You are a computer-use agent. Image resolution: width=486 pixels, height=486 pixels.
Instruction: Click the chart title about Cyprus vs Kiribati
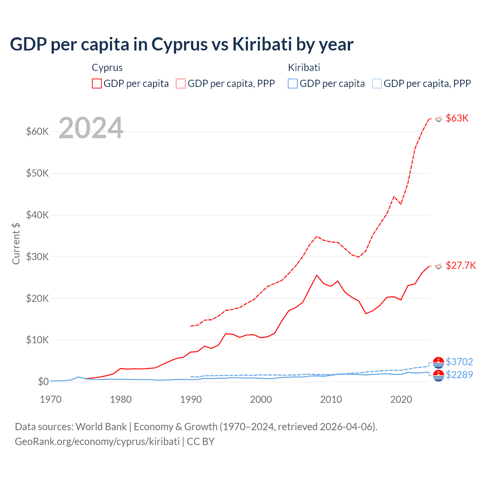coord(181,44)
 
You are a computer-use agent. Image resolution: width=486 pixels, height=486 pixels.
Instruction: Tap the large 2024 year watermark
coord(91,128)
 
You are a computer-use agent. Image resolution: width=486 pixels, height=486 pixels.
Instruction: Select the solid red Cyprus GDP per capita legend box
coord(97,84)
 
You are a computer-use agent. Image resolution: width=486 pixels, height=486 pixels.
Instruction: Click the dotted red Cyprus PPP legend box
coord(181,84)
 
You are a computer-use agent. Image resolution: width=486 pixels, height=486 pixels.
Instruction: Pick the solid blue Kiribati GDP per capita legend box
coord(293,84)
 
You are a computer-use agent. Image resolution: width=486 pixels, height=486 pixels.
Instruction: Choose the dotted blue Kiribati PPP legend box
coord(377,84)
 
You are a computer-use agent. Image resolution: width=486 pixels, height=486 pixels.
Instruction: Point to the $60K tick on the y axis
coord(37,132)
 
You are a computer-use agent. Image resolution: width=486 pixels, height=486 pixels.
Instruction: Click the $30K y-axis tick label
coord(37,257)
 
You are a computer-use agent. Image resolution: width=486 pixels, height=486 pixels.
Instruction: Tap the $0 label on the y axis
coord(43,382)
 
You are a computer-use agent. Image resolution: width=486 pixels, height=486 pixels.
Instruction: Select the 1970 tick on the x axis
coord(50,399)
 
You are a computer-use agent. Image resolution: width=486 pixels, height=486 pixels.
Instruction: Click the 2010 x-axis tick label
coord(331,399)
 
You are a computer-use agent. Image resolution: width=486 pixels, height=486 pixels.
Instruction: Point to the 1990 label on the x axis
coord(191,399)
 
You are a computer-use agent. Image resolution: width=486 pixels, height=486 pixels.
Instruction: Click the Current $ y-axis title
coord(16,243)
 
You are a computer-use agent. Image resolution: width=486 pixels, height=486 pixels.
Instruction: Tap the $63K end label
coord(457,118)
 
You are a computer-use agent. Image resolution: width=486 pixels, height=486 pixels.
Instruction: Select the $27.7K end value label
coord(461,265)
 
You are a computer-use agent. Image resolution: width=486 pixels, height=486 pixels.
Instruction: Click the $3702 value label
coord(459,362)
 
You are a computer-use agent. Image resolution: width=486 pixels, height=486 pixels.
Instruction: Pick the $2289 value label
coord(459,375)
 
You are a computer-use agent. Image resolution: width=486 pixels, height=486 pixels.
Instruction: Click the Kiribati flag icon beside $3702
coord(439,363)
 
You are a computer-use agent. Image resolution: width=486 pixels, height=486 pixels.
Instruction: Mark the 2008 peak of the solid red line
coord(317,275)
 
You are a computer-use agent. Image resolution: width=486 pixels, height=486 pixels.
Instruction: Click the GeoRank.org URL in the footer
coord(97,442)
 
